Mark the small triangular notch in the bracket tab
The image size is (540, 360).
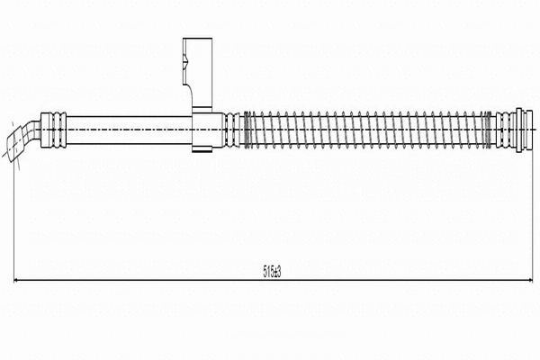[x=184, y=62]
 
